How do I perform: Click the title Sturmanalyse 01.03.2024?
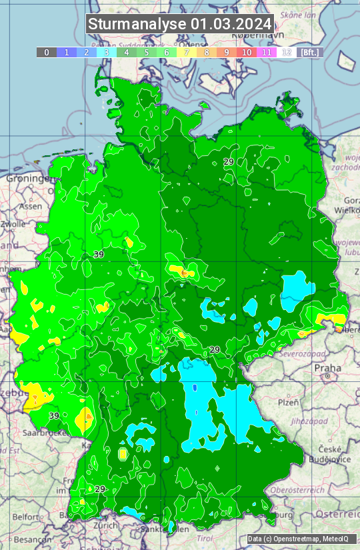180,25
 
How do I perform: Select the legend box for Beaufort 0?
46,52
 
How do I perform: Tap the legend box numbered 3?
107,52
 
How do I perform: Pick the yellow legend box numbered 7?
187,52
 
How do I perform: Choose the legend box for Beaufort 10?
247,52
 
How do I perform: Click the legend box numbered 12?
287,52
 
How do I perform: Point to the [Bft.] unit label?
309,52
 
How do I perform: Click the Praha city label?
328,367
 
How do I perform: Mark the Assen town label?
29,207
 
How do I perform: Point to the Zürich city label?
106,525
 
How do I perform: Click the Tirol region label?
205,537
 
